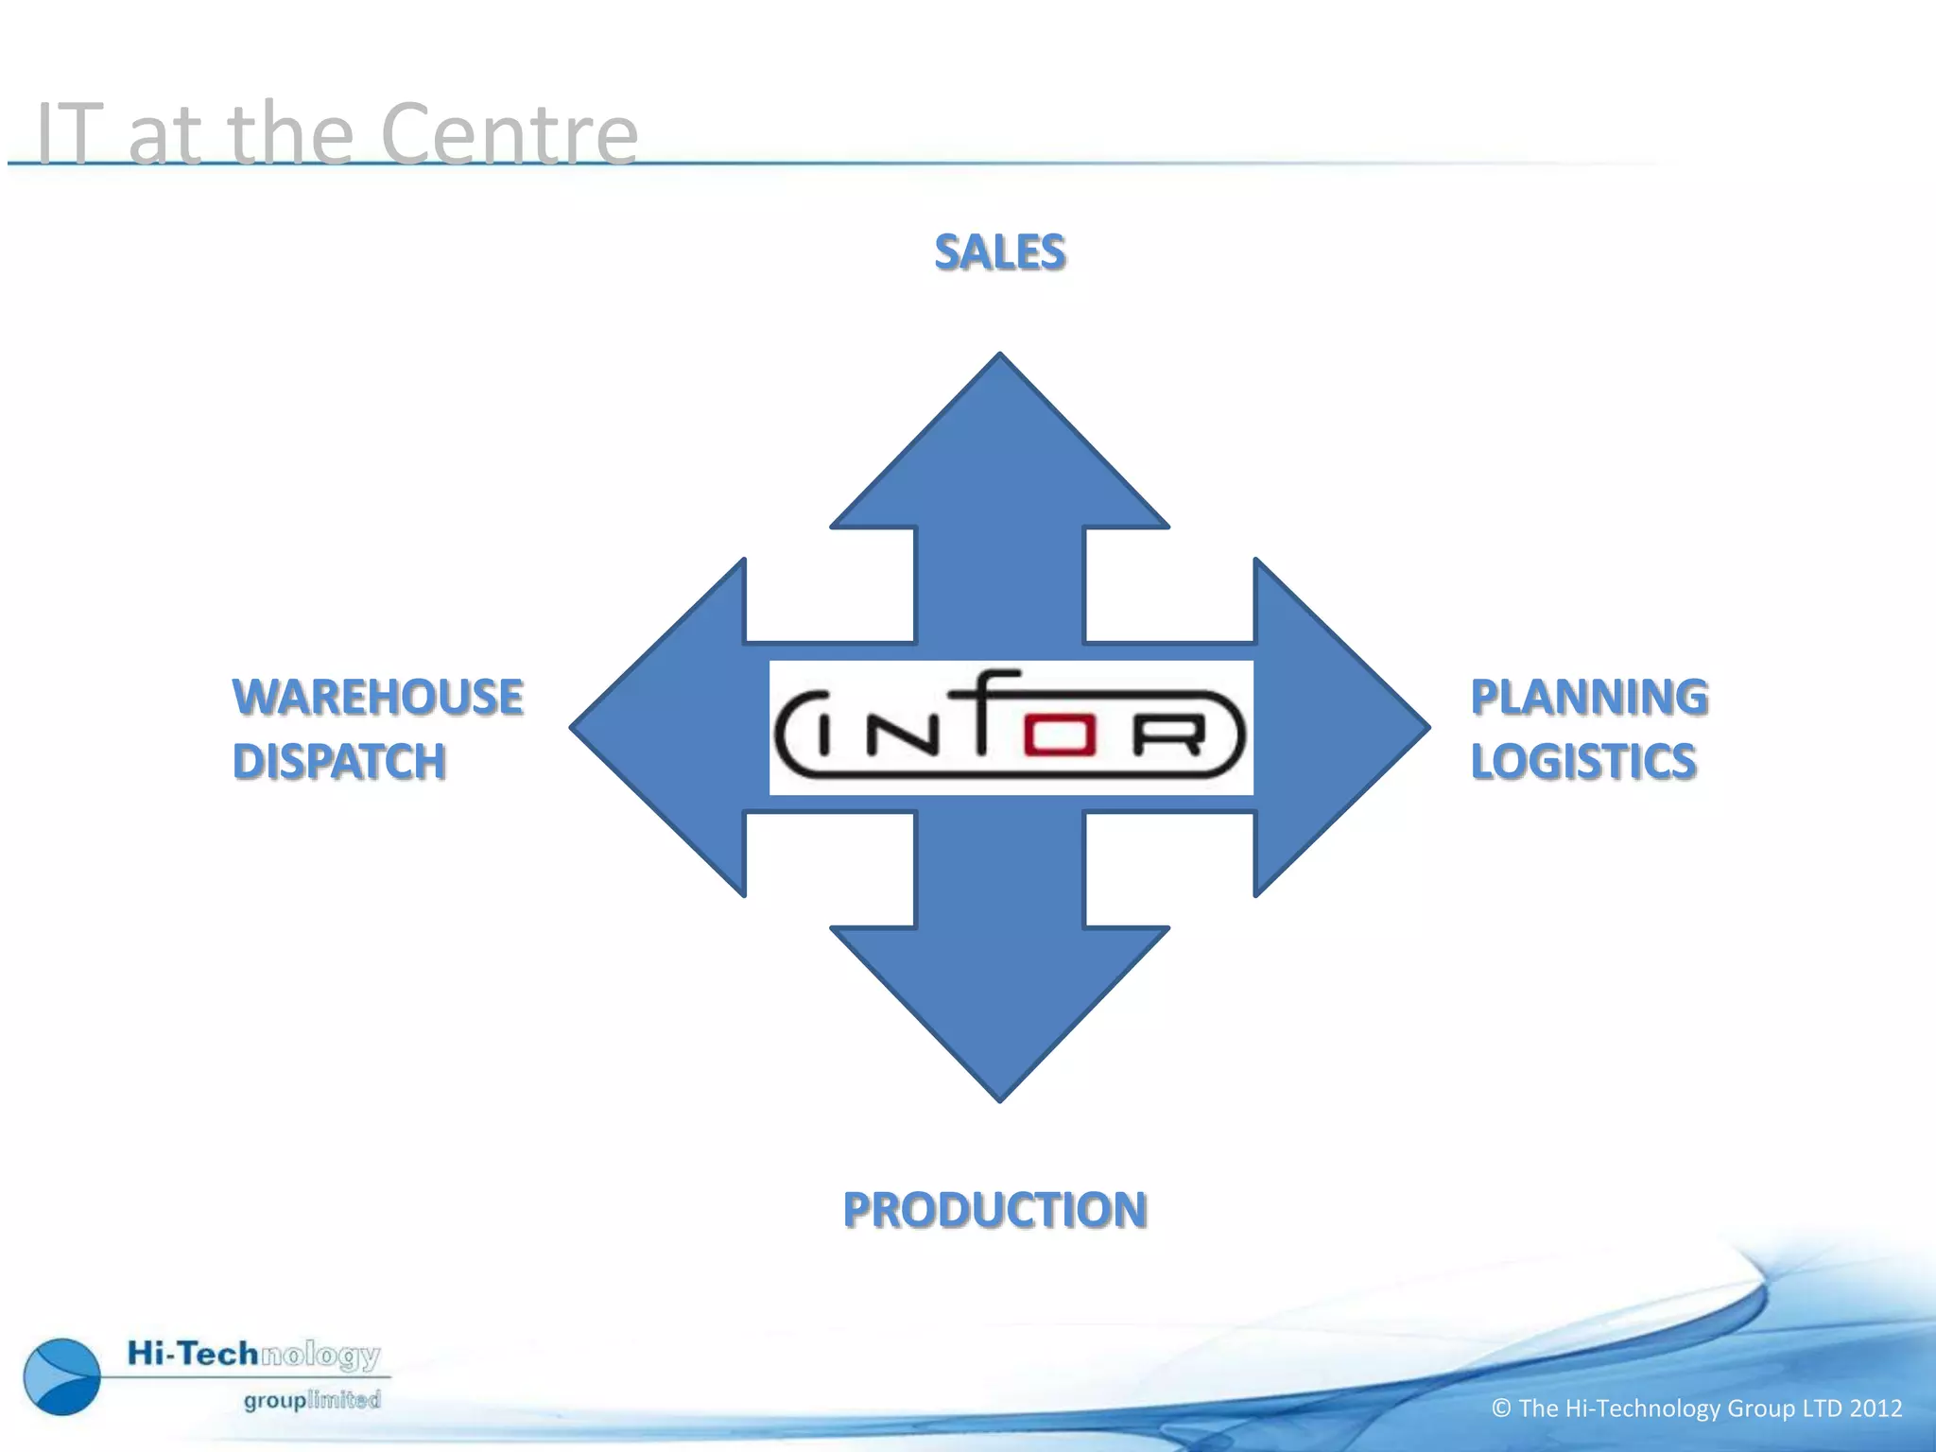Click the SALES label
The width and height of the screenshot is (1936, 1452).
(x=1000, y=252)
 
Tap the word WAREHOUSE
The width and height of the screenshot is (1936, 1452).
(x=378, y=698)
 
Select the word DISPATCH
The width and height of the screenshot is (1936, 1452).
(x=339, y=762)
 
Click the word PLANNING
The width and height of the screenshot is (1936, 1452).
(x=1589, y=698)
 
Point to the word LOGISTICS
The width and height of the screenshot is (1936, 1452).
(x=1583, y=762)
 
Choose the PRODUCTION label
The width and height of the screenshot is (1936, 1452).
(x=995, y=1211)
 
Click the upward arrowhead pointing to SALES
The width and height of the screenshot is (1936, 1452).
(x=1000, y=444)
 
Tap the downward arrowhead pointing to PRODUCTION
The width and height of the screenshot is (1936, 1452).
(x=1000, y=1011)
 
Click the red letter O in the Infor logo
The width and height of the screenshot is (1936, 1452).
(x=1060, y=736)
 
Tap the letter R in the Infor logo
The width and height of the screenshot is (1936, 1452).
(x=1169, y=736)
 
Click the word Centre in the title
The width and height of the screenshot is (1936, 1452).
(x=510, y=134)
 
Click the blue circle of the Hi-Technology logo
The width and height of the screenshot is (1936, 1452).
(x=62, y=1376)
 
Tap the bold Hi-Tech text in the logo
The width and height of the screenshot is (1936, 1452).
(x=193, y=1354)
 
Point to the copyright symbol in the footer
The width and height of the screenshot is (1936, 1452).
(x=1501, y=1409)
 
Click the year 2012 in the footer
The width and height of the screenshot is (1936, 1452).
(x=1875, y=1409)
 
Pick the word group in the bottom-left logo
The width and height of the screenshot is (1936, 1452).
(x=274, y=1400)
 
